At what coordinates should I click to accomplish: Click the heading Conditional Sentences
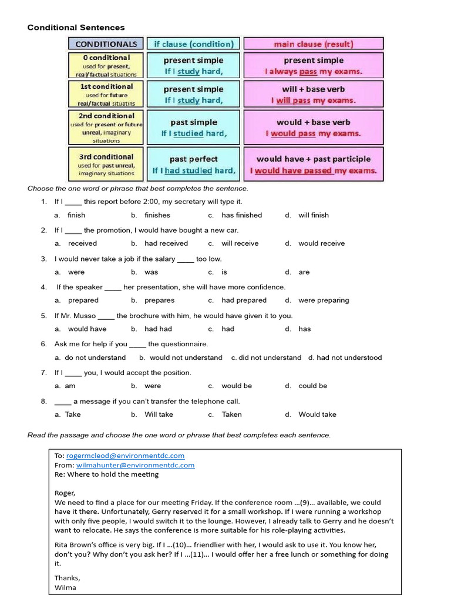click(76, 28)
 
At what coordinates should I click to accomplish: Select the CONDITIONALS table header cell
click(106, 44)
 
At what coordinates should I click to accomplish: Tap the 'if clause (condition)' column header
click(193, 44)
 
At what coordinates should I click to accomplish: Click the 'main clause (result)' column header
click(313, 44)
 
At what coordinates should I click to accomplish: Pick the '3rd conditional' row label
click(106, 157)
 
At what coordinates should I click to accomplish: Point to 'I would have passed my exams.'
click(313, 171)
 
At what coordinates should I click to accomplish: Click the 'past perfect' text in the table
click(193, 159)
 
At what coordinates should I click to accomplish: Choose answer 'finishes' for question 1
click(157, 215)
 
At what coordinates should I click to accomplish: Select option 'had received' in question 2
click(166, 243)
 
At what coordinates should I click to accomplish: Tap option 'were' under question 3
click(76, 272)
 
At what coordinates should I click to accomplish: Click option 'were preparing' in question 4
click(324, 300)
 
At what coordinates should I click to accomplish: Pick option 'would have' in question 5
click(87, 329)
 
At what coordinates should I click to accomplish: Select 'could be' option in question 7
click(313, 386)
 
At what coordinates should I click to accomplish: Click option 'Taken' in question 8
click(231, 414)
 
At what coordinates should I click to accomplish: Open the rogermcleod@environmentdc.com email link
click(125, 456)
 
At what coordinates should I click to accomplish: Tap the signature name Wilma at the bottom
click(65, 587)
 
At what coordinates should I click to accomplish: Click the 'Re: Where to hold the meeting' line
click(106, 474)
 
